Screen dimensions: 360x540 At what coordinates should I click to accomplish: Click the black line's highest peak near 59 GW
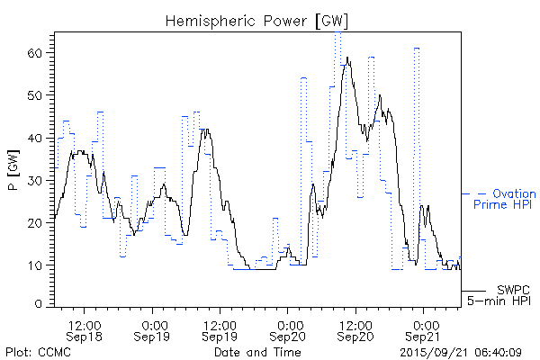pos(347,58)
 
